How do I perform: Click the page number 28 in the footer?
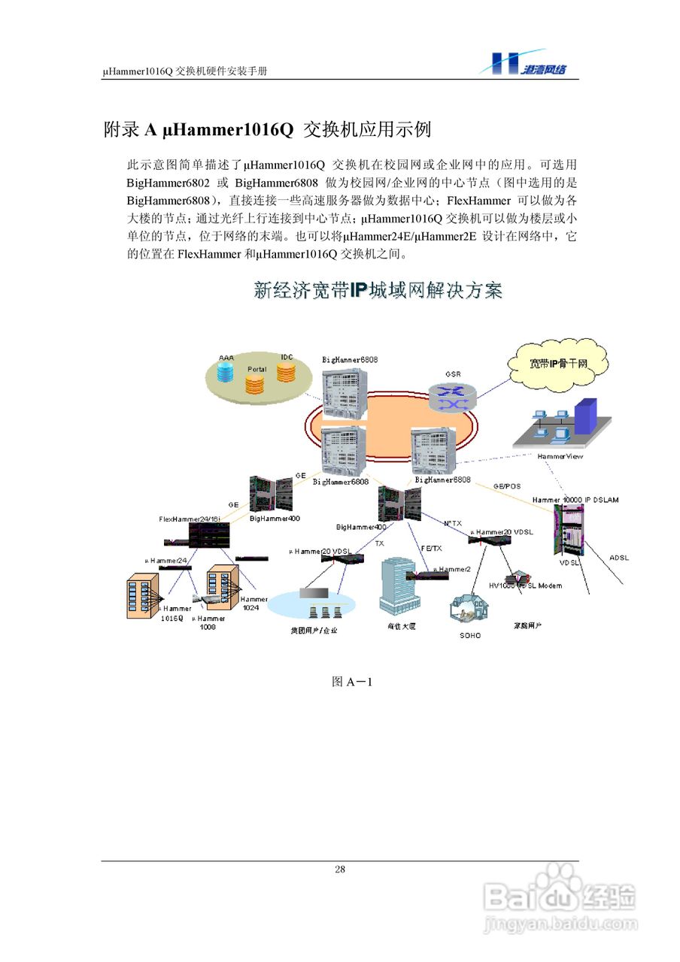[x=340, y=870]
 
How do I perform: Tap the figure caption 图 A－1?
[x=353, y=682]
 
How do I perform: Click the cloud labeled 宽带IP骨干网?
[x=557, y=365]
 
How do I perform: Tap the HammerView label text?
[x=560, y=456]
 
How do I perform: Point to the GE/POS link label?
[x=506, y=486]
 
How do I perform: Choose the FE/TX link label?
[x=431, y=548]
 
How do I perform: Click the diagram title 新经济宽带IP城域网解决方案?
[x=378, y=292]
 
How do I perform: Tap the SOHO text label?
[x=469, y=635]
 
